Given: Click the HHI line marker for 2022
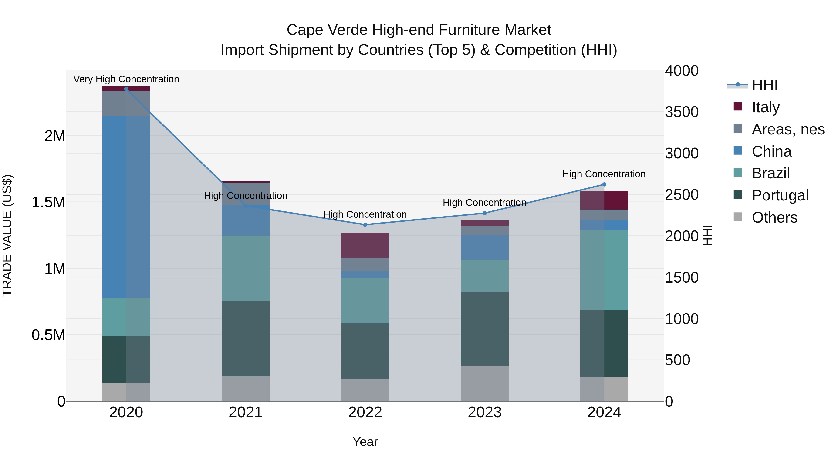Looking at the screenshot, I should [x=365, y=225].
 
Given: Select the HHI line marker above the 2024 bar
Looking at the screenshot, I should [x=604, y=184].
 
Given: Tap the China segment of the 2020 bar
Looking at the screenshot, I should [x=126, y=207].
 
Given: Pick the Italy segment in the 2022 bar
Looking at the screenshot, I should [x=365, y=245].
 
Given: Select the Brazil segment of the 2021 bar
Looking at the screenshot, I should [x=246, y=268].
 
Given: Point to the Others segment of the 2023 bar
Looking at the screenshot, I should [x=484, y=383].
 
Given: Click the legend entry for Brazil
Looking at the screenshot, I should [x=770, y=173].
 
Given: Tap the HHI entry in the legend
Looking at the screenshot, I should [x=764, y=85].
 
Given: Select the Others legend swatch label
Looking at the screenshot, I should [x=774, y=217].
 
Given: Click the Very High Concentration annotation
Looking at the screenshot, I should [x=126, y=79].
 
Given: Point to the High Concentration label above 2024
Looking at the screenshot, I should [x=604, y=174].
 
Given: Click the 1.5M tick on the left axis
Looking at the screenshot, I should [x=48, y=202].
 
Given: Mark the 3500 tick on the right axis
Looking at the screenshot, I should [x=682, y=112].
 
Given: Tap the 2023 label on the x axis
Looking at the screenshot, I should [x=484, y=412].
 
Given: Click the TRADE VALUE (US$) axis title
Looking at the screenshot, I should [x=7, y=235].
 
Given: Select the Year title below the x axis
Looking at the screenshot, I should [x=365, y=442].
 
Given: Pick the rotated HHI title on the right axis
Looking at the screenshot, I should [x=707, y=235].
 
